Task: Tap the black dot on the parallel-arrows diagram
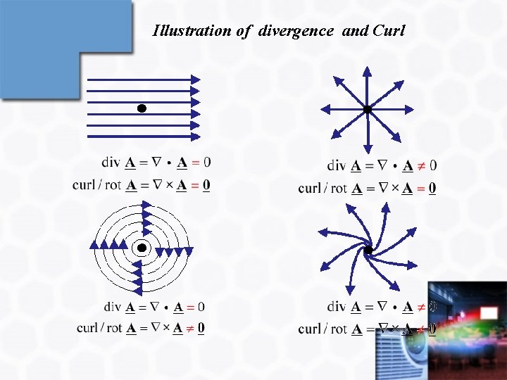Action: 142,108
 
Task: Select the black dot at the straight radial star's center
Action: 367,109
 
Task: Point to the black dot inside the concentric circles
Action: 142,248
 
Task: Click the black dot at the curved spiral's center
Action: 368,250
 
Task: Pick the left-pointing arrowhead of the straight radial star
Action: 325,109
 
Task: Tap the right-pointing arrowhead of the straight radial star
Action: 408,109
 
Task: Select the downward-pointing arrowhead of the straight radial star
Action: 367,148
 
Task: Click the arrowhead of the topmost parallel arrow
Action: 196,80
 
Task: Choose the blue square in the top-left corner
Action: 67,46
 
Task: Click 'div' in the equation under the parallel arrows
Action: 111,163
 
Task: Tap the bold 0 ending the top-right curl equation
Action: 432,188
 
